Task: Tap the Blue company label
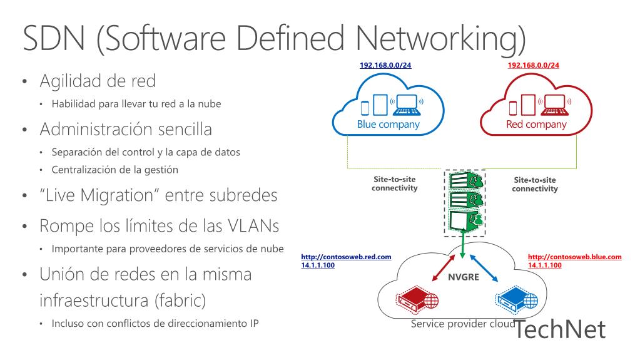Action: pyautogui.click(x=388, y=125)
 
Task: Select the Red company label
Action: pyautogui.click(x=536, y=125)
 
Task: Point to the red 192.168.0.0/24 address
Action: pyautogui.click(x=534, y=64)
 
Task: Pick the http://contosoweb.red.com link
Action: pyautogui.click(x=346, y=257)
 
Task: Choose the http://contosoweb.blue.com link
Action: pyautogui.click(x=575, y=257)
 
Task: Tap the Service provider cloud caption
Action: pyautogui.click(x=462, y=324)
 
